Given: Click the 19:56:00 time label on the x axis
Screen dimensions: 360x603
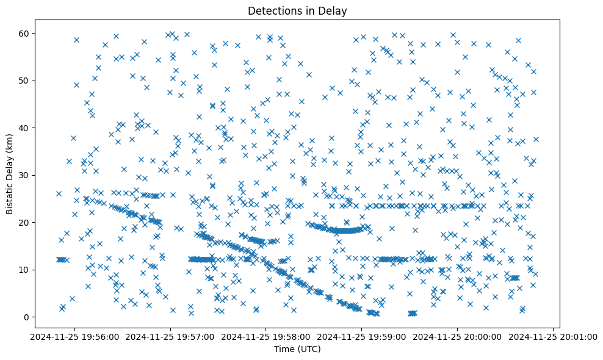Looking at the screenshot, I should click(75, 336).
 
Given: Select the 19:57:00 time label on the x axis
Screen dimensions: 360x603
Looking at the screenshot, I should click(170, 336).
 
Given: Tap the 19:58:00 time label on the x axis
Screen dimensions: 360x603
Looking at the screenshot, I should click(266, 336).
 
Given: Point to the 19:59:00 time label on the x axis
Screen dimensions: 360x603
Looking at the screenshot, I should click(361, 336).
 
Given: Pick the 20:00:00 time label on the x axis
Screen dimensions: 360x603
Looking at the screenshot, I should click(457, 336).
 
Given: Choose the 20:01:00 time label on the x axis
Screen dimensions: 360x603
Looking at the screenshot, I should click(553, 336).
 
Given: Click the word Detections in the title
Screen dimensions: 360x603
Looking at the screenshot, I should click(272, 11).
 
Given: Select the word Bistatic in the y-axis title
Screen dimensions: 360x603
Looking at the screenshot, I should click(10, 195).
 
